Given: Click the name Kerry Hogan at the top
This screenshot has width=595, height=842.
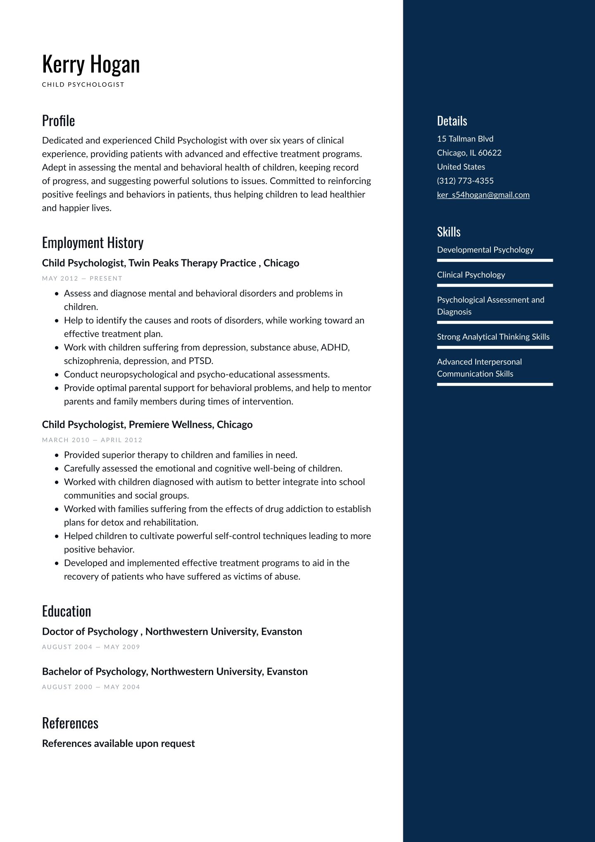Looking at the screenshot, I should (x=91, y=65).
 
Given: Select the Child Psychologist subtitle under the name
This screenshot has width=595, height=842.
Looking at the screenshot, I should (x=83, y=85).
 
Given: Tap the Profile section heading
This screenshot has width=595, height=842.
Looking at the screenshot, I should (x=58, y=121).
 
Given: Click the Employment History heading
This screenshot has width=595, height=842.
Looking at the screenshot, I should (x=93, y=243).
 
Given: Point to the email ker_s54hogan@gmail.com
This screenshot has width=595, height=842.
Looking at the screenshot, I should (x=483, y=195).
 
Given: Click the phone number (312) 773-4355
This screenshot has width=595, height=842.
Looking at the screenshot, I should (x=465, y=181).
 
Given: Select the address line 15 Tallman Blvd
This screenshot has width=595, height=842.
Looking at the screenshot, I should (x=465, y=139).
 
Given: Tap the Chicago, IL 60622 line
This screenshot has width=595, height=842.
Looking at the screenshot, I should (x=469, y=153).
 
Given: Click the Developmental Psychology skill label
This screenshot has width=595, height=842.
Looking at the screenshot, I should (x=485, y=250).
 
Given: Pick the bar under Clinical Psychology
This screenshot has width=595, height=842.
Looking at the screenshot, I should (x=495, y=285).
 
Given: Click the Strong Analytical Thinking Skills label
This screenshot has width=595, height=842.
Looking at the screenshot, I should (x=493, y=337).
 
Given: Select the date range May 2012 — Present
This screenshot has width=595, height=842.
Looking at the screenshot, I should (x=82, y=278).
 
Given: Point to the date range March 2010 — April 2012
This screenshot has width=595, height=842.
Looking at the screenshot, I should (x=92, y=440).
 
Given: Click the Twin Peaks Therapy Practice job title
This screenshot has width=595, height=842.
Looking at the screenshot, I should (x=170, y=263).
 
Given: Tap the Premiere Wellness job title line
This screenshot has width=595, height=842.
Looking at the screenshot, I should (x=147, y=425).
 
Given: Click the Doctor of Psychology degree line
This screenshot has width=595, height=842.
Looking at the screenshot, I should (x=172, y=631).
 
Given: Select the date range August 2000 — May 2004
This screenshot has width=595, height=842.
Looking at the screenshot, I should (x=91, y=687).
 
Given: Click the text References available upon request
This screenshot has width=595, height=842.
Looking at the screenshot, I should (x=118, y=743).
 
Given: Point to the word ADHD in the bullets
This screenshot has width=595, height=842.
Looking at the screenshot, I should (x=335, y=347).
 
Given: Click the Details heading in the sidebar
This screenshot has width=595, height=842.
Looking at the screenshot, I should (x=452, y=121).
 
